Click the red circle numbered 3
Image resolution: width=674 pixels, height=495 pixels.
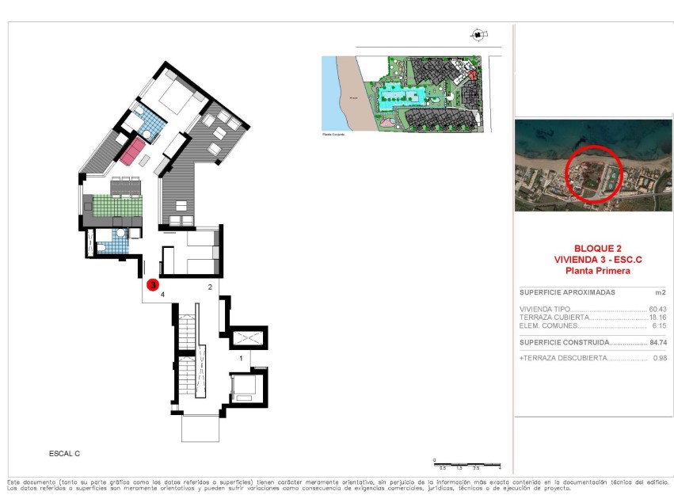pos(153,284)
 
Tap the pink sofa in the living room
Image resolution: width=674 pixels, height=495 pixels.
pos(132,150)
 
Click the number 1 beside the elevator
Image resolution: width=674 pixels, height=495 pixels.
pos(241,358)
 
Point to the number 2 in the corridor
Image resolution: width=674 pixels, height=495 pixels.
pos(210,287)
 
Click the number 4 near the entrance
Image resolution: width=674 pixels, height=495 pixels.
pos(162,295)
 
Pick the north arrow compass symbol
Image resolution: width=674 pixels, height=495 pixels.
pos(478,34)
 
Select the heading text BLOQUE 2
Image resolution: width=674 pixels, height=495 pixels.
pos(593,248)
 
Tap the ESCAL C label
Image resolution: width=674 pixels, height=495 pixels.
pos(65,454)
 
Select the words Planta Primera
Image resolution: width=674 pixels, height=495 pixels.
pos(593,271)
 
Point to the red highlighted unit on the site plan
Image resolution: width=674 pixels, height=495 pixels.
pos(474,75)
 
